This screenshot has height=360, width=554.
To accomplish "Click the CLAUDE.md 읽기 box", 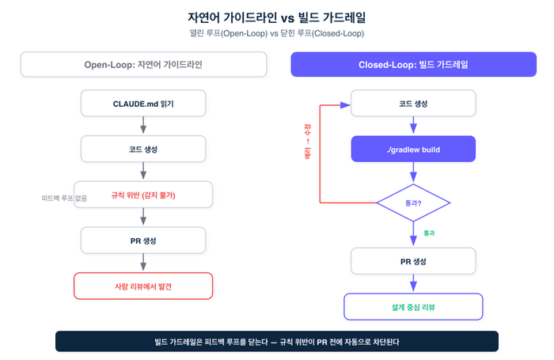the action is point(143,103).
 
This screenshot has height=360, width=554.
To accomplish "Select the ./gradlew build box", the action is point(413,149).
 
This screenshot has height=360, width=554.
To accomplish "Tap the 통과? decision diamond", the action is point(413,203).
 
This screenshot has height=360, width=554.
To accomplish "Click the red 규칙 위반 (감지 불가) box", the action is point(143,195).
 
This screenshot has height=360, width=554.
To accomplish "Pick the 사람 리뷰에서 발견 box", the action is point(143,286).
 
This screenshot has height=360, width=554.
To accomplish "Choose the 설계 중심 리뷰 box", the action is point(413,307).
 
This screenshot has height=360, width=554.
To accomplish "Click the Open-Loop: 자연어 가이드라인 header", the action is point(143,64).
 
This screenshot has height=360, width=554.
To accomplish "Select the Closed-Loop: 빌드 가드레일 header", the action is point(413,64).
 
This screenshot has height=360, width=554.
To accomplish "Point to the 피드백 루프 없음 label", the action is point(64,198).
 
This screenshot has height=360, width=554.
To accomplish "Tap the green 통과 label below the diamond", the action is point(429,233).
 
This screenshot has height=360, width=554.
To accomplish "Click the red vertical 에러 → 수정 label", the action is point(308,142).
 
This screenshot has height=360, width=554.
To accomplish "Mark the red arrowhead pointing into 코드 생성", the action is point(345,105).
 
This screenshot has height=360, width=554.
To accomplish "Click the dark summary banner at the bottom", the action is point(277,341).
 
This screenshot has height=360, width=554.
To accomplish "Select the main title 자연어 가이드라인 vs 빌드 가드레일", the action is point(277,17).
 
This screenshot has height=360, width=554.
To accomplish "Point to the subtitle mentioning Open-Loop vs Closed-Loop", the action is point(277,33).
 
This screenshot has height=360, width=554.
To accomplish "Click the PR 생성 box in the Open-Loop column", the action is point(143,241).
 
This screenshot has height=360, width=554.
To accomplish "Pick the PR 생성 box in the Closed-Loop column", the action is point(413,261).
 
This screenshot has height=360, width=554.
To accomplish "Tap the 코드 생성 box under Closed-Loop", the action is point(413,103).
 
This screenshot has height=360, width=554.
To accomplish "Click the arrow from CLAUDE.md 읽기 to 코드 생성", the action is point(143,125).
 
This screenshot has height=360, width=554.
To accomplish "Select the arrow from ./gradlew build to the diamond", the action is point(413,172).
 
